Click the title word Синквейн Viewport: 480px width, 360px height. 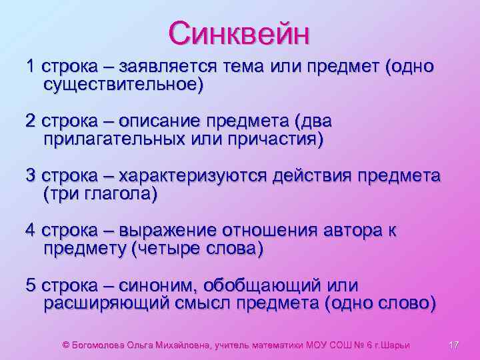239,33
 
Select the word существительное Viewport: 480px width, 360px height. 121,85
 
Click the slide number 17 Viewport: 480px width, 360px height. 455,345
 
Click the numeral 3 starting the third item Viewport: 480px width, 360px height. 30,177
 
